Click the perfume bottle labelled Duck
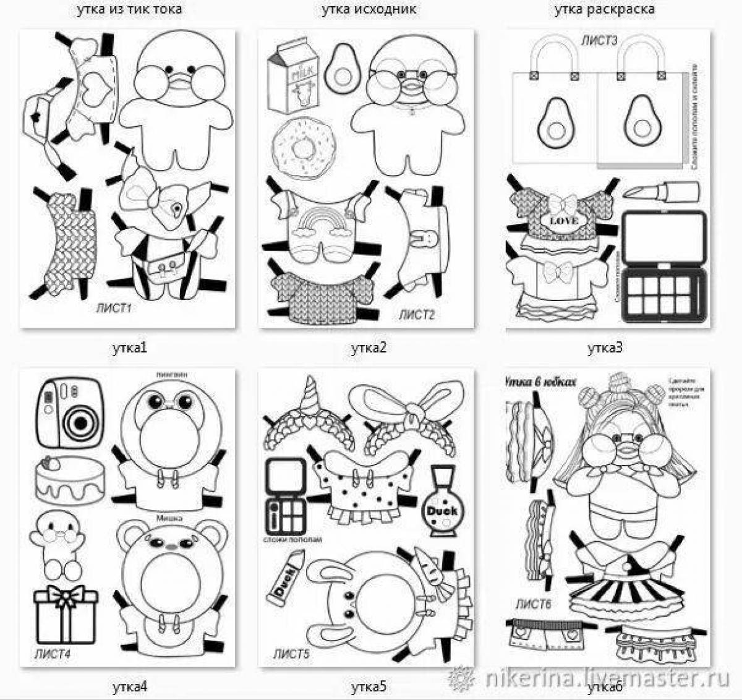pos(441,508)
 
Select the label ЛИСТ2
pos(416,315)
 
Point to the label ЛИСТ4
pos(52,654)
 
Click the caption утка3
pos(604,348)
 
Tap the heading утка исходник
pos(369,9)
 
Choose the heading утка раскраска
pos(604,9)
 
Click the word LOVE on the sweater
pos(563,220)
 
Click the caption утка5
pos(369,686)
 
